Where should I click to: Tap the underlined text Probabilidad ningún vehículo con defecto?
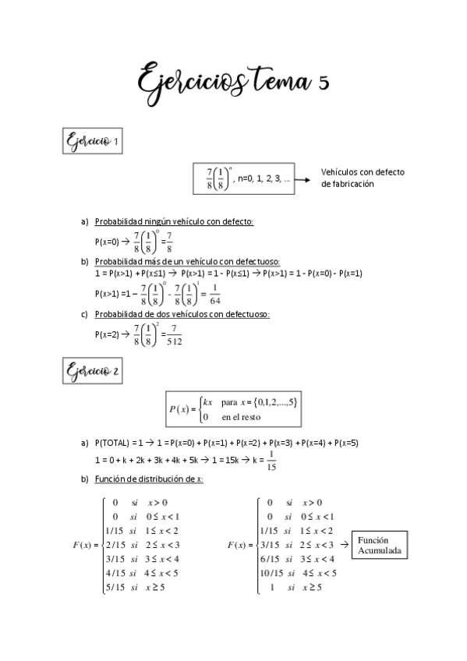click(x=173, y=221)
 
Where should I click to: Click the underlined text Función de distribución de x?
click(x=148, y=479)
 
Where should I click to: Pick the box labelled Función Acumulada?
click(x=378, y=545)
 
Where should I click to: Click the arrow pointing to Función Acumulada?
click(x=343, y=545)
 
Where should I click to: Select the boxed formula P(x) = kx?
click(x=233, y=408)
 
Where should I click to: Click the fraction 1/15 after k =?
click(x=270, y=463)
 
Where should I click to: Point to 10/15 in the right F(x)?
click(x=271, y=572)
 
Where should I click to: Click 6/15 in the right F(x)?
click(x=271, y=558)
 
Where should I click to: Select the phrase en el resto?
click(x=241, y=417)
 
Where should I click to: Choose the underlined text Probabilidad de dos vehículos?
click(x=182, y=314)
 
